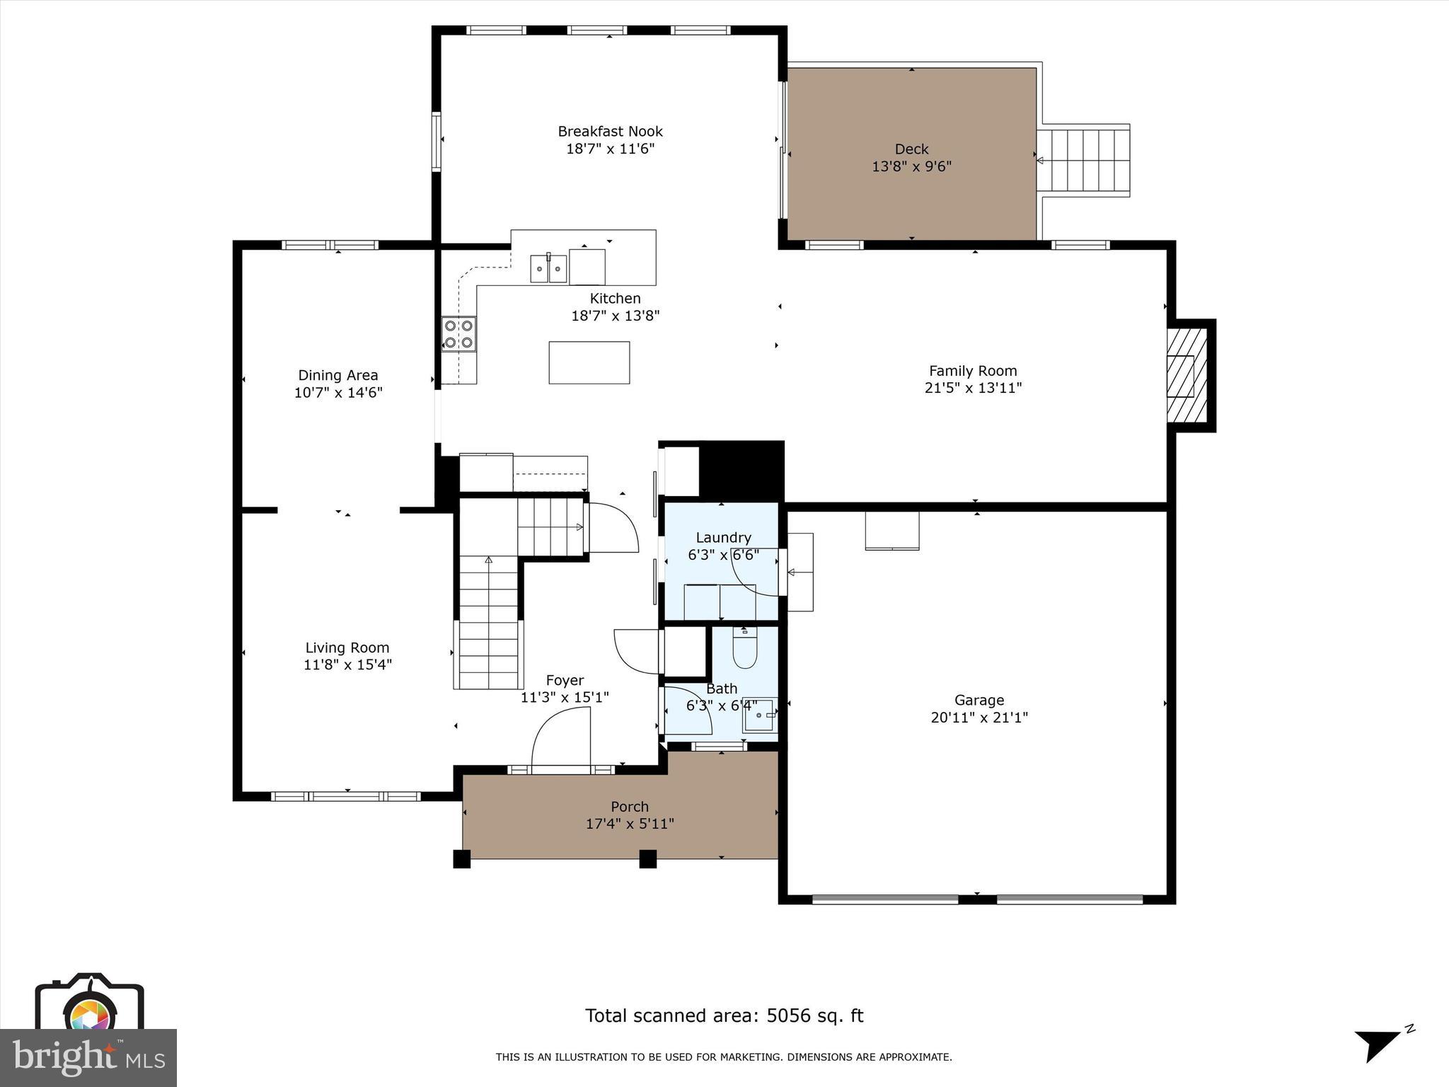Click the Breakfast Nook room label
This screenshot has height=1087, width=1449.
610,131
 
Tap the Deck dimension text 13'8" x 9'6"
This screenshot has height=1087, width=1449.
911,166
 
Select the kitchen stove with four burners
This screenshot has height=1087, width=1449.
458,334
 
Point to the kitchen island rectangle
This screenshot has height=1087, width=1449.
589,362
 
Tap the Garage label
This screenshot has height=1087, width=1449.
978,700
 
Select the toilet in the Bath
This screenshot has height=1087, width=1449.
744,648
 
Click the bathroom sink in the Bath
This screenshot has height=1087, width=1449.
760,716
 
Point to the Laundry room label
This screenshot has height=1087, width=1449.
723,537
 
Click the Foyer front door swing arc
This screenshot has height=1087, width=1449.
559,740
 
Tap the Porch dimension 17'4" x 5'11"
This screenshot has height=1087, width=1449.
630,824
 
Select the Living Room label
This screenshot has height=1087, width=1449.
347,647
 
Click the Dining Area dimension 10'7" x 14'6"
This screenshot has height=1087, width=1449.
338,393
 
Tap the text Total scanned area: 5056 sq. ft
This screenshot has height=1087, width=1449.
724,1016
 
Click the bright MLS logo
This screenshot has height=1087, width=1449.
88,1057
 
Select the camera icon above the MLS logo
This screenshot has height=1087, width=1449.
89,1005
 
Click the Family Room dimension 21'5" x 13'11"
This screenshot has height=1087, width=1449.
973,388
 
